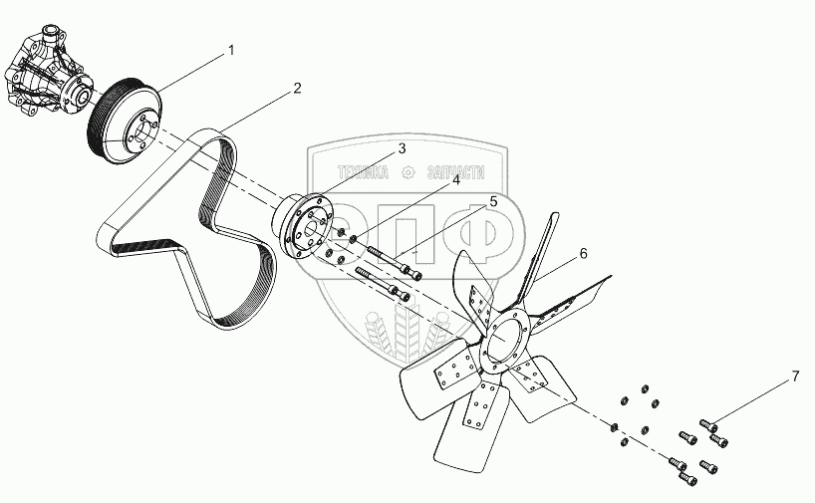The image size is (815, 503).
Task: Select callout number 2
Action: tap(297, 88)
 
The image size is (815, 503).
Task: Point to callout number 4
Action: tap(455, 180)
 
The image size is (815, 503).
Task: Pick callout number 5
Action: tap(492, 202)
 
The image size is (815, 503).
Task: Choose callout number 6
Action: tap(583, 254)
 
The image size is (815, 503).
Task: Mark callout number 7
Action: tap(795, 377)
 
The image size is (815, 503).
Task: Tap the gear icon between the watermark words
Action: tap(407, 171)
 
